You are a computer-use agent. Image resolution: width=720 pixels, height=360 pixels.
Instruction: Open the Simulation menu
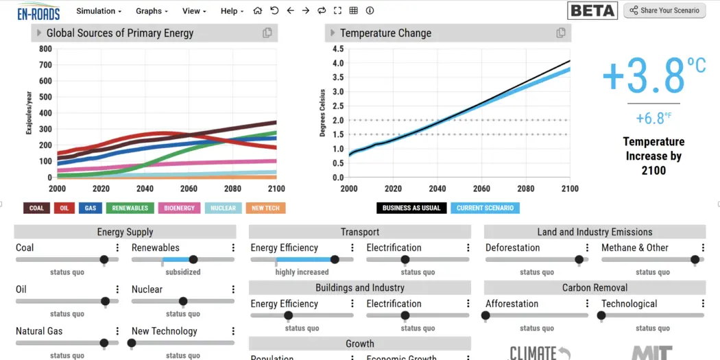tap(99, 11)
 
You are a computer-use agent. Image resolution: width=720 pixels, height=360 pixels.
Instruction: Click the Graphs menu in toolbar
tap(152, 11)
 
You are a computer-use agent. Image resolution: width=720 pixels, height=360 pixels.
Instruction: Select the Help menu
tap(232, 11)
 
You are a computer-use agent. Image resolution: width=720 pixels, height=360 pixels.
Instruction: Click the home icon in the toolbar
tap(258, 11)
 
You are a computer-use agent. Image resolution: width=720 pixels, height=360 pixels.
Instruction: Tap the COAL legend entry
tap(36, 208)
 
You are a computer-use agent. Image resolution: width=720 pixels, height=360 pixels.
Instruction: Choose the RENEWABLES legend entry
tap(130, 208)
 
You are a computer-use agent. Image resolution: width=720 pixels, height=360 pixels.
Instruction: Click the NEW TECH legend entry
tap(265, 208)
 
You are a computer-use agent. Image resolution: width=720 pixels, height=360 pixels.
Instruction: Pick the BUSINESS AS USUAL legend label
tap(411, 208)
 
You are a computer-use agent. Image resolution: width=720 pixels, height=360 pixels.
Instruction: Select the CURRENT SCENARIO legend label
tap(485, 208)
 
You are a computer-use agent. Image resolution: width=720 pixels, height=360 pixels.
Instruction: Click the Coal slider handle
tap(104, 260)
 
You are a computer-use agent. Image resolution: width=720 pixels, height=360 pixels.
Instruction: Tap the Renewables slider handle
tap(193, 260)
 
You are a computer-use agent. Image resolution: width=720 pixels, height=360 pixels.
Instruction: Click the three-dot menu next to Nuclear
tap(233, 290)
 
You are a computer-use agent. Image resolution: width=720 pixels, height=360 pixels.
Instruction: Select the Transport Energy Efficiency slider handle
tap(335, 260)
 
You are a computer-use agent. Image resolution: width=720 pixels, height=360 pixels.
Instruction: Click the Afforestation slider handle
tap(486, 316)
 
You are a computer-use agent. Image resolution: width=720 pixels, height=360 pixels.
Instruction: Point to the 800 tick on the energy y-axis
tap(45, 49)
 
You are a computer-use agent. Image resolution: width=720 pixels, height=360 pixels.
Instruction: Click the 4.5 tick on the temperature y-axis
tap(337, 49)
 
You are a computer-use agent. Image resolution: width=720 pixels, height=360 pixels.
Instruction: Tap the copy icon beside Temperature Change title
tap(561, 33)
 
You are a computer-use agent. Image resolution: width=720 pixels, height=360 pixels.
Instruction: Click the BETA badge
tap(592, 10)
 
